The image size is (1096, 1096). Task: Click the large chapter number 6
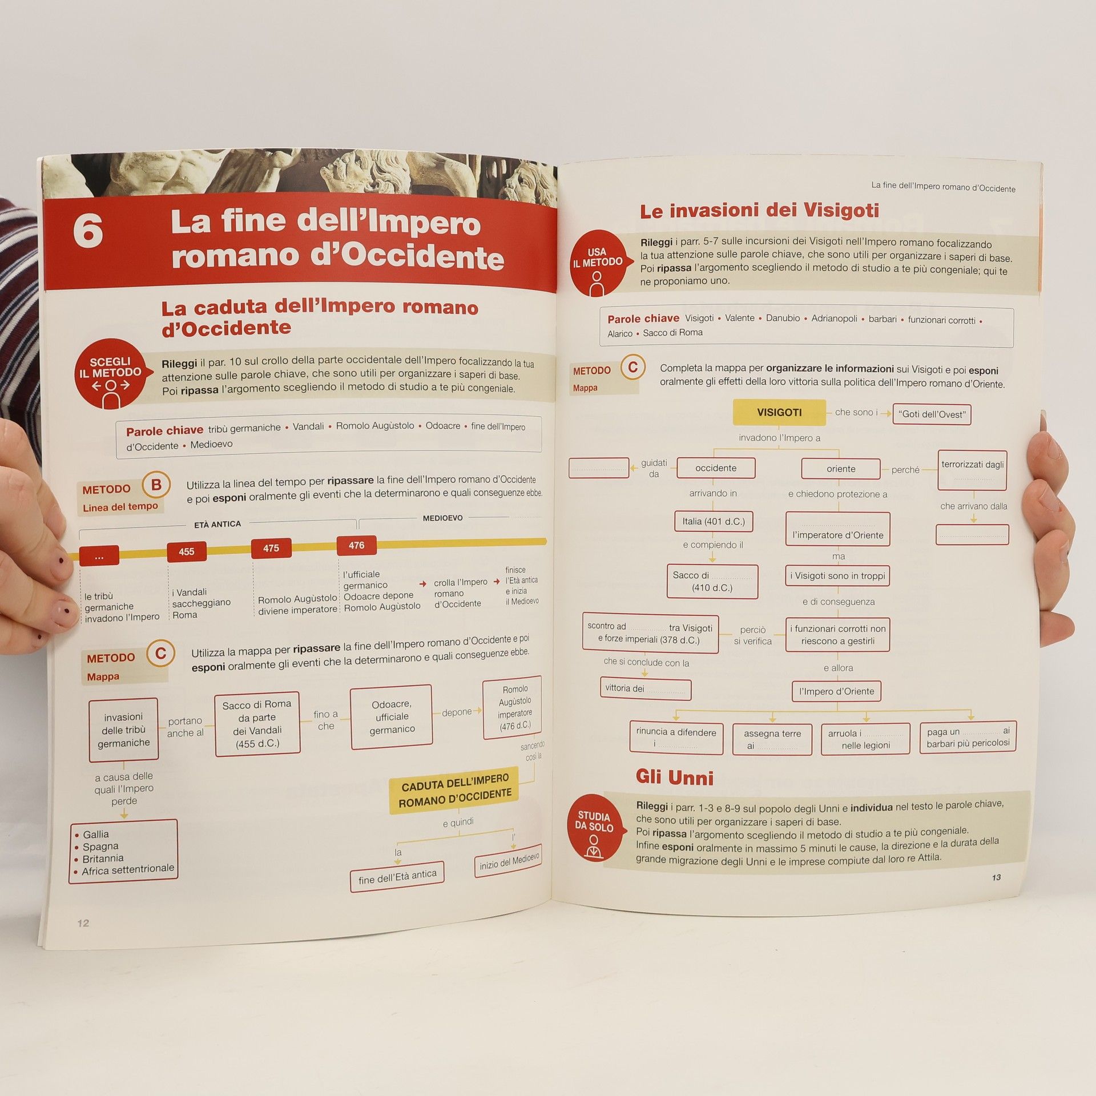click(x=88, y=231)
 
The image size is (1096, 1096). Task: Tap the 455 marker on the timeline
click(x=187, y=552)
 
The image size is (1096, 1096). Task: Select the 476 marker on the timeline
click(x=356, y=546)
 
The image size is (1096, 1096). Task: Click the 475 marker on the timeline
click(x=271, y=549)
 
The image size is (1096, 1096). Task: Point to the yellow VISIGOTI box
click(x=779, y=412)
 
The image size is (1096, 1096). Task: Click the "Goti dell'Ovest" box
click(x=932, y=414)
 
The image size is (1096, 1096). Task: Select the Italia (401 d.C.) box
click(x=713, y=522)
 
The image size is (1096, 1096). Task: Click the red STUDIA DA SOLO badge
click(x=594, y=827)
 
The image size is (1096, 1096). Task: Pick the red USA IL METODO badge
click(x=599, y=263)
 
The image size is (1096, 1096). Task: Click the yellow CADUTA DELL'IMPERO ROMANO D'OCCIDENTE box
click(x=455, y=790)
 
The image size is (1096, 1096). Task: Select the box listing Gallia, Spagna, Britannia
click(x=123, y=852)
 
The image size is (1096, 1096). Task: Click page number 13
click(x=996, y=877)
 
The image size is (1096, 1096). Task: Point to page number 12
click(x=83, y=924)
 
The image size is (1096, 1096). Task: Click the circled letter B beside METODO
click(x=156, y=485)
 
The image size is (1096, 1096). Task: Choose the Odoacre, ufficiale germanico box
click(x=392, y=717)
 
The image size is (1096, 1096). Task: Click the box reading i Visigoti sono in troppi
click(x=837, y=576)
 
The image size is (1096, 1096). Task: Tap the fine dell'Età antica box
click(x=397, y=877)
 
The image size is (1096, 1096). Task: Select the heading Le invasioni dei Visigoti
click(x=759, y=211)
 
